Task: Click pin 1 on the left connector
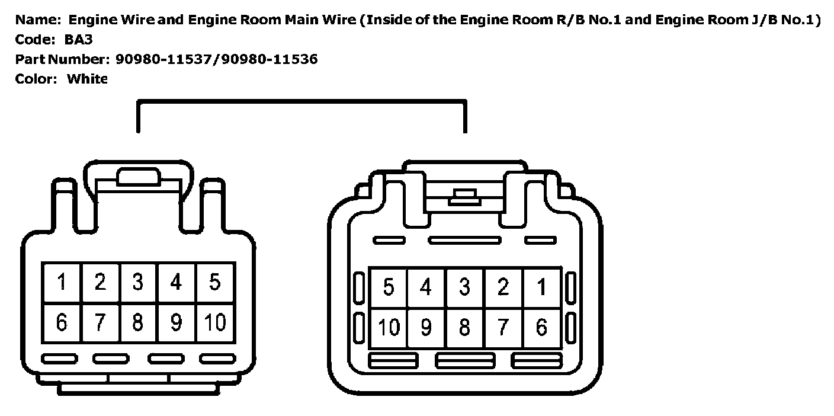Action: (62, 283)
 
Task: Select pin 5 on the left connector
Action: (215, 283)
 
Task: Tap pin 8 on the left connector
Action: (137, 323)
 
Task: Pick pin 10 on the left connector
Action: (215, 323)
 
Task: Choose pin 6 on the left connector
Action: (62, 323)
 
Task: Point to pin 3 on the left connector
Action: (137, 283)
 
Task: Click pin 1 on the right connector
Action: (541, 287)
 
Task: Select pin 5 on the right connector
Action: (389, 287)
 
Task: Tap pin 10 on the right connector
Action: (389, 328)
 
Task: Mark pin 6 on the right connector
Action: (541, 328)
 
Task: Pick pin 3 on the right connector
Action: (465, 287)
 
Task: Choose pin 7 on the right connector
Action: (503, 328)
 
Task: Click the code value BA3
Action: (79, 40)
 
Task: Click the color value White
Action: (87, 79)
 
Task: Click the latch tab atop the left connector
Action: (139, 177)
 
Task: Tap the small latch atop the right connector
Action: (464, 197)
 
